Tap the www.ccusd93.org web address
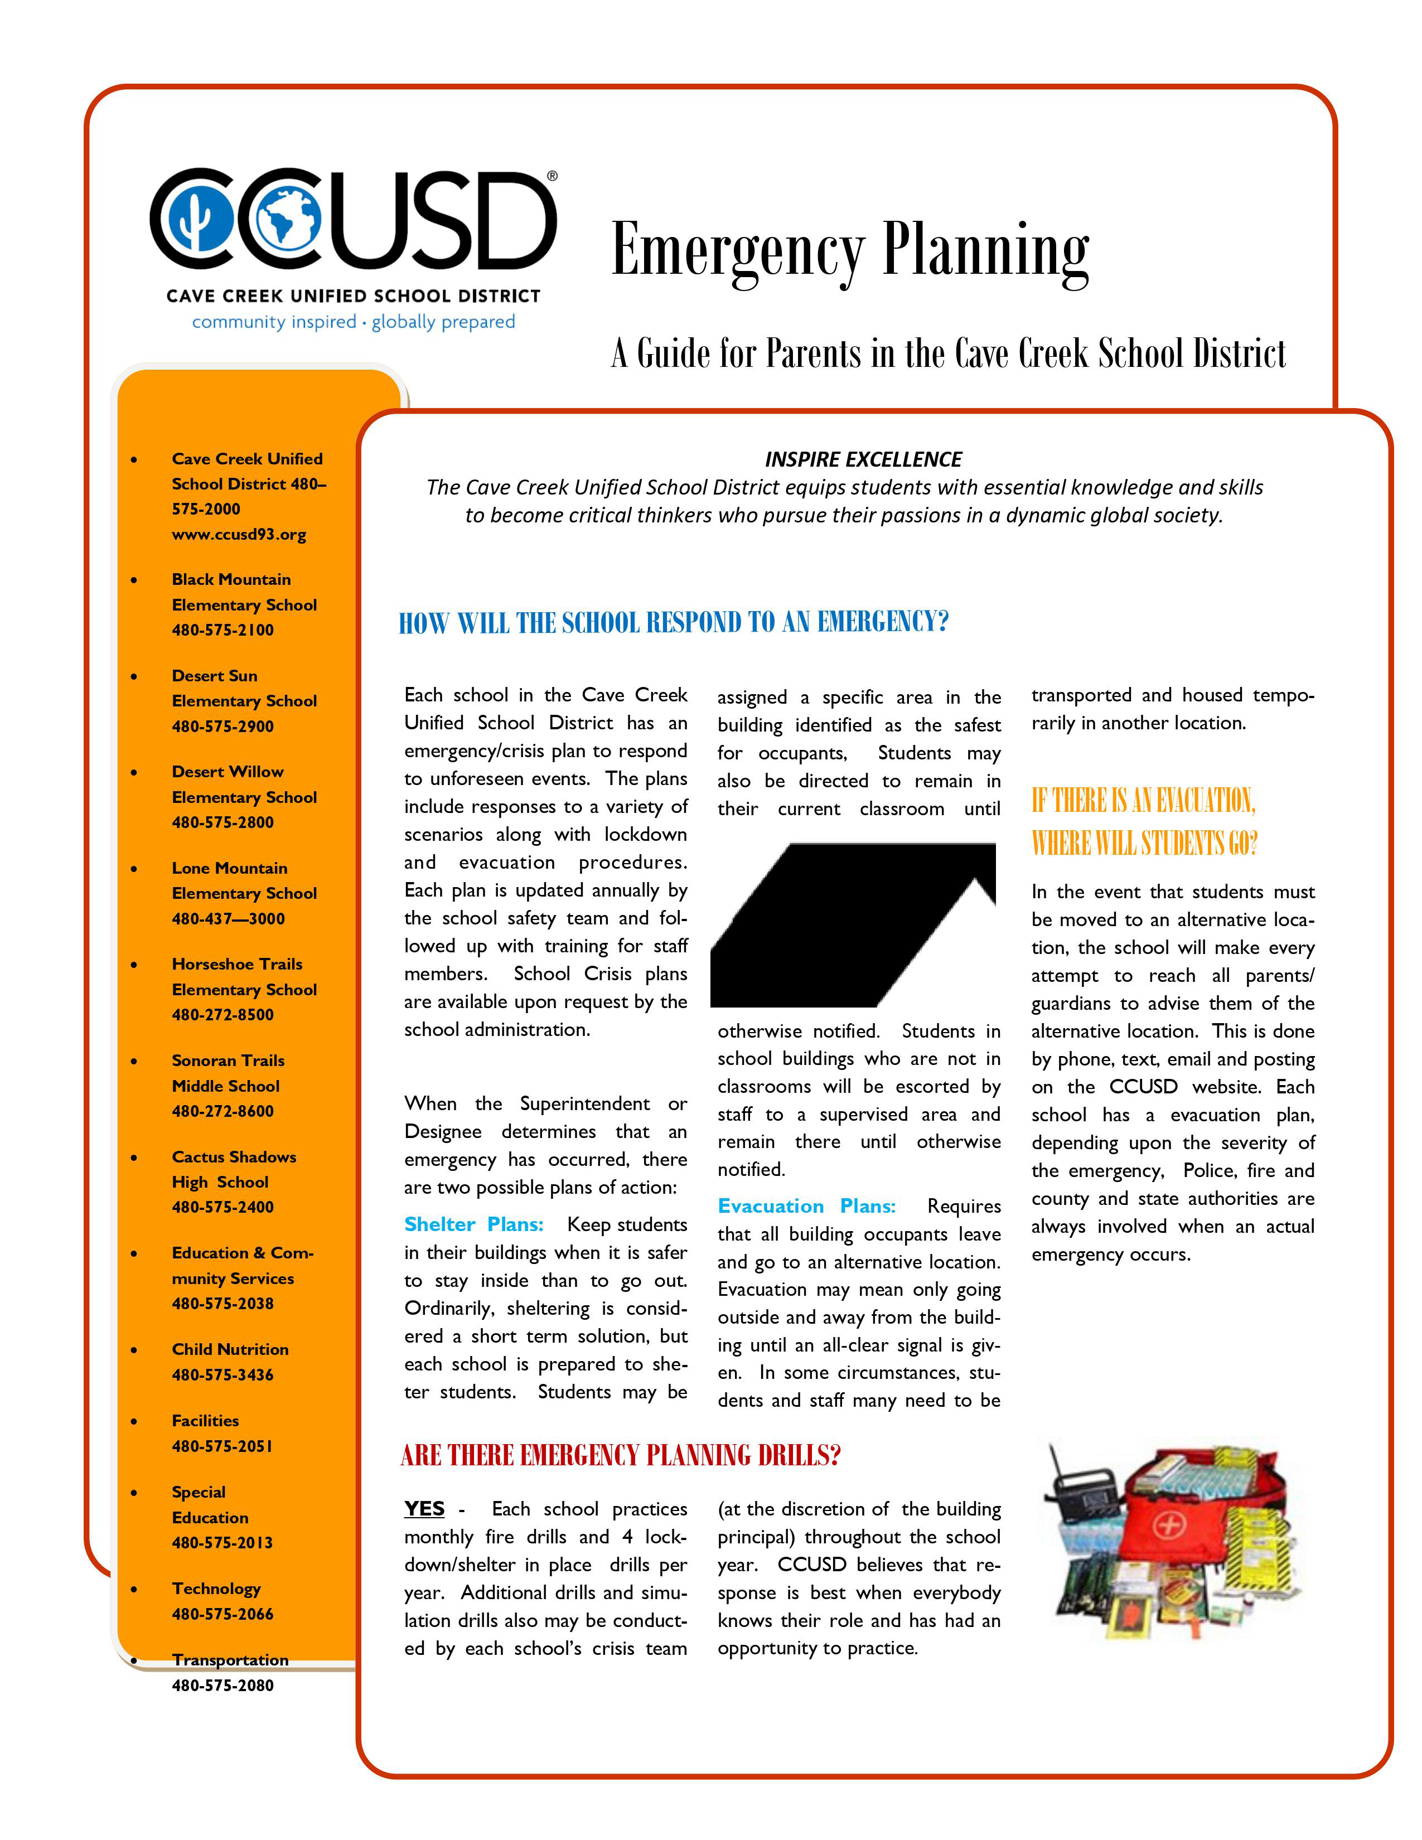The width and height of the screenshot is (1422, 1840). pos(239,534)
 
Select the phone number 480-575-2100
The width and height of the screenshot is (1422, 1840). pos(223,630)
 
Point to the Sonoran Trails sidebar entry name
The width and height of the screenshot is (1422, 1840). pos(228,1060)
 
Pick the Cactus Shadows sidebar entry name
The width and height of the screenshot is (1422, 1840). pos(234,1157)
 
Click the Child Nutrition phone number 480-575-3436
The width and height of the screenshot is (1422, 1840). pos(223,1374)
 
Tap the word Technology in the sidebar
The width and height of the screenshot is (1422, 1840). pos(216,1588)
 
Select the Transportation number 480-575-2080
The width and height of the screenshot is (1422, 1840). pos(223,1685)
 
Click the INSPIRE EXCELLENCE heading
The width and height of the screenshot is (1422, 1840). pos(863,459)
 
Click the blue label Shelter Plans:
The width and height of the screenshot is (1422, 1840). pos(473,1224)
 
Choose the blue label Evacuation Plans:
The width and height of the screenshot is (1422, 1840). pos(806,1205)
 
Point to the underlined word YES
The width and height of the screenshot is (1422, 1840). pos(424,1508)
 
